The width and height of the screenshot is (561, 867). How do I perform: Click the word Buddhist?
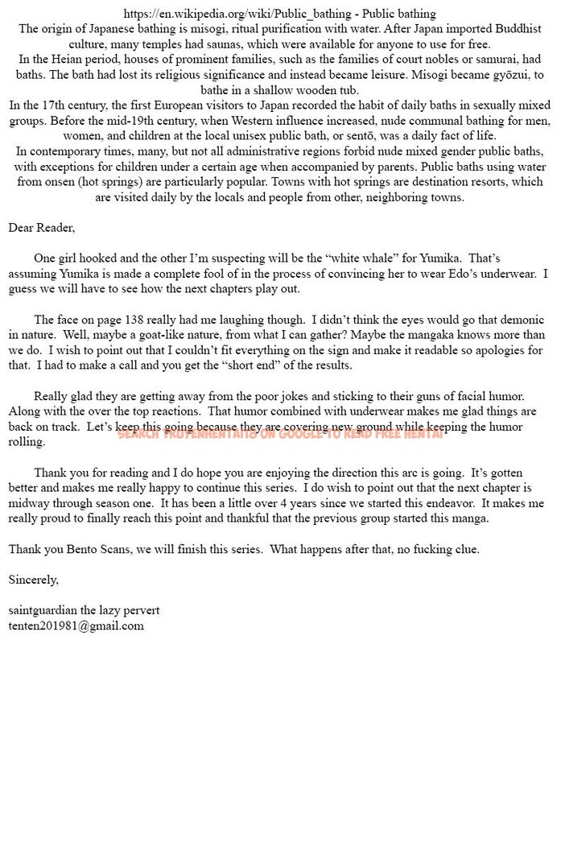pos(517,29)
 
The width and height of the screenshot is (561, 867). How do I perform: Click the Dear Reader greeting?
pos(42,228)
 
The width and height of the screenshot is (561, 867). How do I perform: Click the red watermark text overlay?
pos(280,434)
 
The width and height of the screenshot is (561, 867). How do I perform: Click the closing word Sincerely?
pos(34,580)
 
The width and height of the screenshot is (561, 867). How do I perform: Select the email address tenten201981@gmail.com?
pos(76,625)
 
